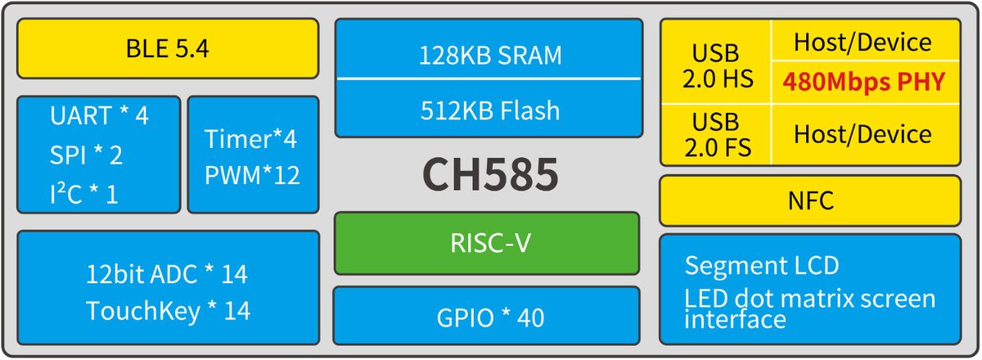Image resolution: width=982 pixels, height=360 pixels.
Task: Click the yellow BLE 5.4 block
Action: point(167,48)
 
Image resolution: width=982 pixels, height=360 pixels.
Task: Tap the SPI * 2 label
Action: point(86,155)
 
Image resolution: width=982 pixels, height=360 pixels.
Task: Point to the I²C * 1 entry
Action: point(83,194)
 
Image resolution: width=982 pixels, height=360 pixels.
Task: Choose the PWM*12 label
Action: point(253,174)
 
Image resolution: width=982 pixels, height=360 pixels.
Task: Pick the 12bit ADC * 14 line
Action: point(167,274)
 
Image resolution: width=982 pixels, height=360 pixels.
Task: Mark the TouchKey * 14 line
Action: point(168,311)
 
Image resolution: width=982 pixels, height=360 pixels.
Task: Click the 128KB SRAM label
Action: point(489,56)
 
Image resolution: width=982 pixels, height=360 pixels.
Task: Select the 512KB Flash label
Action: point(489,109)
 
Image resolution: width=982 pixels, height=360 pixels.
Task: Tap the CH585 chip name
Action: point(489,174)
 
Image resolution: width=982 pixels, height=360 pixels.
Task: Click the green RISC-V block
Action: point(488,242)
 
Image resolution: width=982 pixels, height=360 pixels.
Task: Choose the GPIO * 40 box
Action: point(488,316)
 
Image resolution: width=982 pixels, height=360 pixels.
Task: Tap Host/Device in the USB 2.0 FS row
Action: point(863,134)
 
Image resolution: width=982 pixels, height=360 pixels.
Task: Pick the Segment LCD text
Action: point(761,265)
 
